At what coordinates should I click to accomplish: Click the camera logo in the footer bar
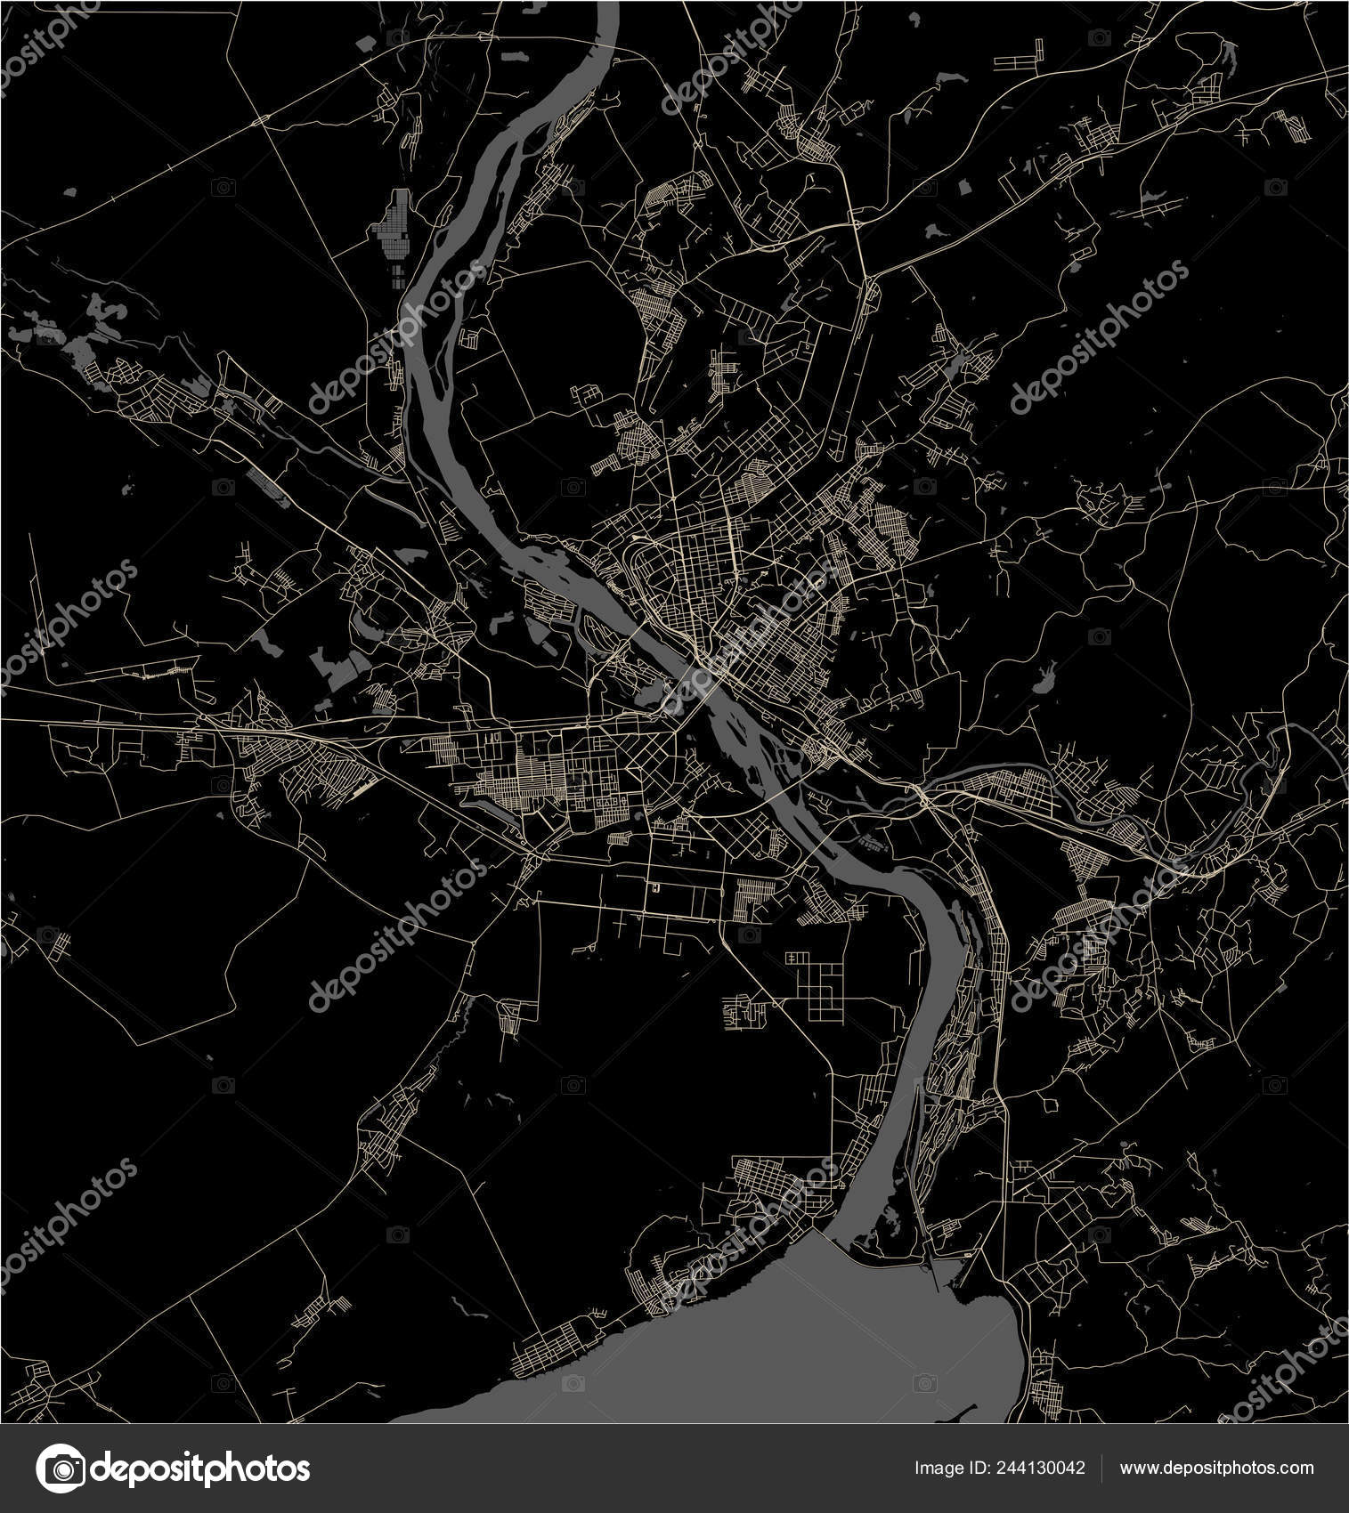(x=60, y=1468)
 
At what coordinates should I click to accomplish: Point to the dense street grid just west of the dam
(x=784, y=1184)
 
